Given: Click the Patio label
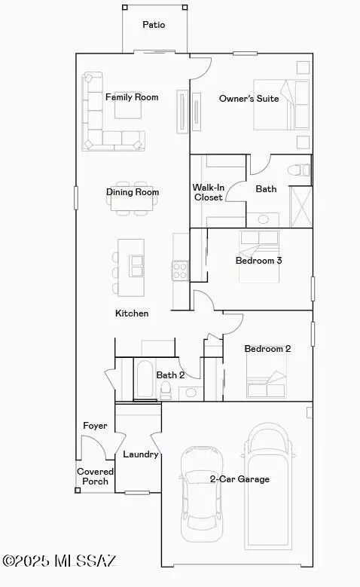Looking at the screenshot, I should click(154, 25).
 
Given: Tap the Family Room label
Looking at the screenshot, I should click(132, 97).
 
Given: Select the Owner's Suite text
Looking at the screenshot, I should click(249, 99).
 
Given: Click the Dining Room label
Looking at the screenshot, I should click(133, 192).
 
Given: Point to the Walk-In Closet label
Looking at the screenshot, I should click(208, 192).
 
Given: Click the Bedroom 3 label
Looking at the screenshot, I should click(258, 261).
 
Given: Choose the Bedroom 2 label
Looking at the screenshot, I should click(267, 349).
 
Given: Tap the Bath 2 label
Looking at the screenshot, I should click(170, 375).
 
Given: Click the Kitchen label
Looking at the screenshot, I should click(132, 313).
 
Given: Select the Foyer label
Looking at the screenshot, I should click(95, 426).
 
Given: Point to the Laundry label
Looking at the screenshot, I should click(140, 454).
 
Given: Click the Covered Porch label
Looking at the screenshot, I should click(95, 476).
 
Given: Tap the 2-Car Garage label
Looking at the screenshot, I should click(239, 478).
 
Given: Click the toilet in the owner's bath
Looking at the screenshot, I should click(303, 170).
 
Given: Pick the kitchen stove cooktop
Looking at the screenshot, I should click(180, 270).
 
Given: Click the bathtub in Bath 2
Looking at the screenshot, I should click(145, 379).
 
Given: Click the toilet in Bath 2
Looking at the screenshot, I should click(166, 389).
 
